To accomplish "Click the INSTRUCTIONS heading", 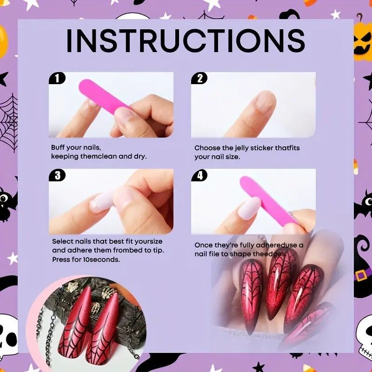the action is coord(186,40).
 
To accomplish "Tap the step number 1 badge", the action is coord(57,78).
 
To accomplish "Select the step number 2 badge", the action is coord(199,78).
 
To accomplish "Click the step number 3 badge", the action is coord(57,175).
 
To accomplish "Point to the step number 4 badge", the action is coord(199,175).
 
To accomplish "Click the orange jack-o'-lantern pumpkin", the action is coord(363,41).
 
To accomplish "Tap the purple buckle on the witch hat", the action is coord(361,275).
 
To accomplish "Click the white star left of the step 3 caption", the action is coord(13,259).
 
